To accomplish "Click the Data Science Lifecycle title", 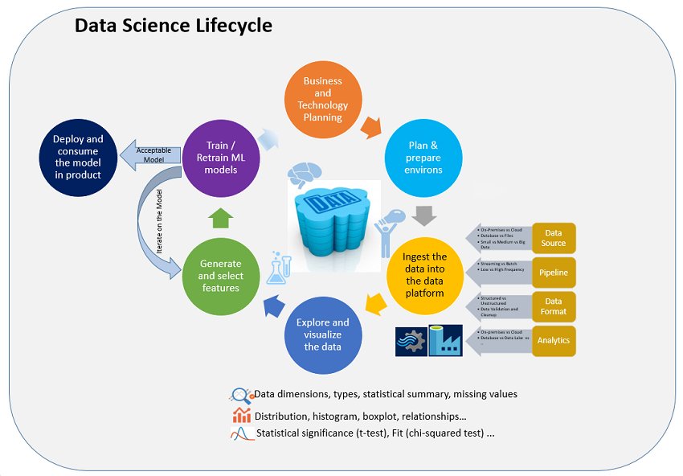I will coord(173,26).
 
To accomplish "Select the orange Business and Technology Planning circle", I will coord(322,99).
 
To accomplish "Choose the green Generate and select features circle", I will coord(221,275).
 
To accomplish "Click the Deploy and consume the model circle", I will coord(78,157).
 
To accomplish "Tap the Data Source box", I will coord(554,237).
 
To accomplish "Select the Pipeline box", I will coord(554,273).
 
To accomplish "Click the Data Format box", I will coord(554,306).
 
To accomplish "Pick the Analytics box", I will coord(554,340).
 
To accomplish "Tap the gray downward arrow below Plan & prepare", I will coord(423,215).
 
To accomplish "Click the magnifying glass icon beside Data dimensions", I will coord(240,395).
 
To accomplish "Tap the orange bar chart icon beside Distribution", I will coord(241,415).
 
